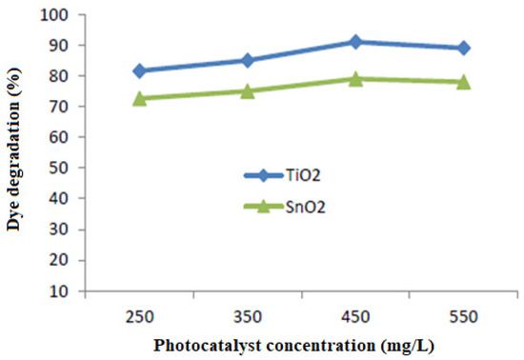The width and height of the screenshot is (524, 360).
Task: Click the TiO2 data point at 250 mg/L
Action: tap(139, 70)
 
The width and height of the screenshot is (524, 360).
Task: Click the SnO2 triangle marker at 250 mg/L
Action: tap(139, 97)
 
